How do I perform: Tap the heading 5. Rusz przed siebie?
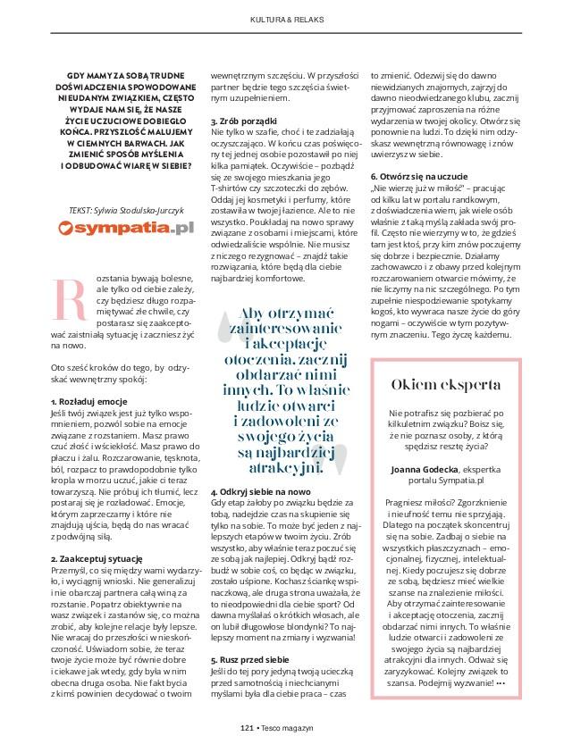249,657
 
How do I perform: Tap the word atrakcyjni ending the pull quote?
281,467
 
